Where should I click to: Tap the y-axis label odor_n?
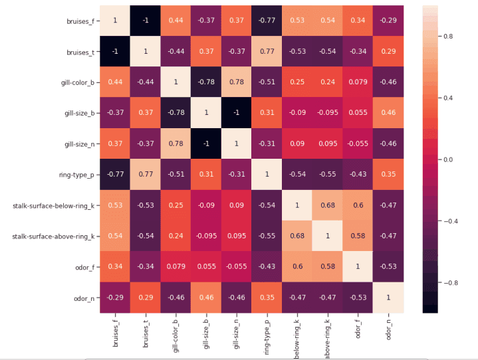point(83,298)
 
